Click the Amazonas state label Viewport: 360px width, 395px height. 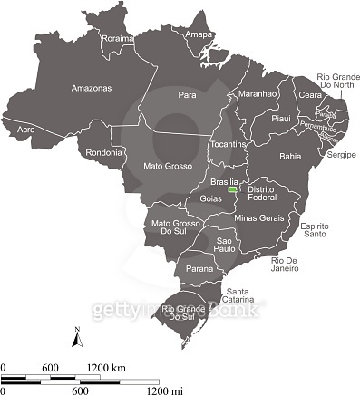pyautogui.click(x=91, y=88)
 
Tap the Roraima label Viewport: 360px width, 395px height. pyautogui.click(x=117, y=39)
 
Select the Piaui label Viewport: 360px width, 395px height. pyautogui.click(x=281, y=118)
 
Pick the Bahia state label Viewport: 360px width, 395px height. pyautogui.click(x=290, y=156)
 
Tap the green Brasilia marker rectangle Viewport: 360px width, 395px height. pyautogui.click(x=233, y=191)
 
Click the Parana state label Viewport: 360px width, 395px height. pyautogui.click(x=199, y=269)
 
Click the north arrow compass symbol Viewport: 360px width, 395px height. pyautogui.click(x=78, y=339)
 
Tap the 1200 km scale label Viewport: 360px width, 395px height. pyautogui.click(x=106, y=368)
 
